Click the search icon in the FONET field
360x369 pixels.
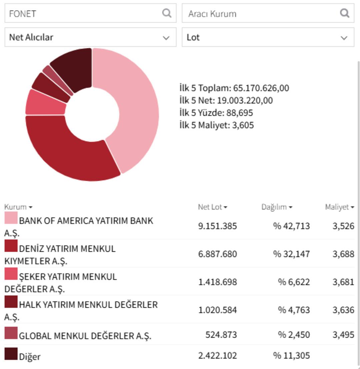[167, 13]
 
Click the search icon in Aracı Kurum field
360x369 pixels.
[345, 13]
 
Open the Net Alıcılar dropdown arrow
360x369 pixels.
[166, 38]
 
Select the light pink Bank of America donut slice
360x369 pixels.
[137, 107]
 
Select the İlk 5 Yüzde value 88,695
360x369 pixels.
[240, 113]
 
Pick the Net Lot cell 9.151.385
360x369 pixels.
[217, 226]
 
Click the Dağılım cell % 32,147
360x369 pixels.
[291, 254]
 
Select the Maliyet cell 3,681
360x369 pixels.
[343, 282]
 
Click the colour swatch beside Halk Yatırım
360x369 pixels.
[11, 302]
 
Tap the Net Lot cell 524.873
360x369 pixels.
[221, 334]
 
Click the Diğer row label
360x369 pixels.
[29, 357]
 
